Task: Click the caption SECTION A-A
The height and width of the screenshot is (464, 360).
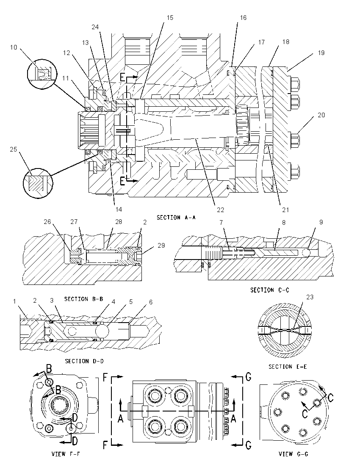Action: pyautogui.click(x=176, y=218)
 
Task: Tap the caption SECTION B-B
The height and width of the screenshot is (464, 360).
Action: pyautogui.click(x=84, y=299)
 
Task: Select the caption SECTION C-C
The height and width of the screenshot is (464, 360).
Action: pyautogui.click(x=270, y=290)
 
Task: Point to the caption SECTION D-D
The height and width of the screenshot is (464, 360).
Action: pyautogui.click(x=84, y=361)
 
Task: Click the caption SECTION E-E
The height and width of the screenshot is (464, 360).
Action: pyautogui.click(x=288, y=367)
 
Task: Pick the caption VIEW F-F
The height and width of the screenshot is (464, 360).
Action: pyautogui.click(x=66, y=454)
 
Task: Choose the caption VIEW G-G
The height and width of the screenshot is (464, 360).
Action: pyautogui.click(x=294, y=454)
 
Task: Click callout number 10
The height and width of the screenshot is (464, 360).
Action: pyautogui.click(x=14, y=47)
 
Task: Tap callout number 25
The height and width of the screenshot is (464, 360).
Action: pyautogui.click(x=14, y=149)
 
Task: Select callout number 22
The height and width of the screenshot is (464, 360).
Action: pyautogui.click(x=221, y=210)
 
